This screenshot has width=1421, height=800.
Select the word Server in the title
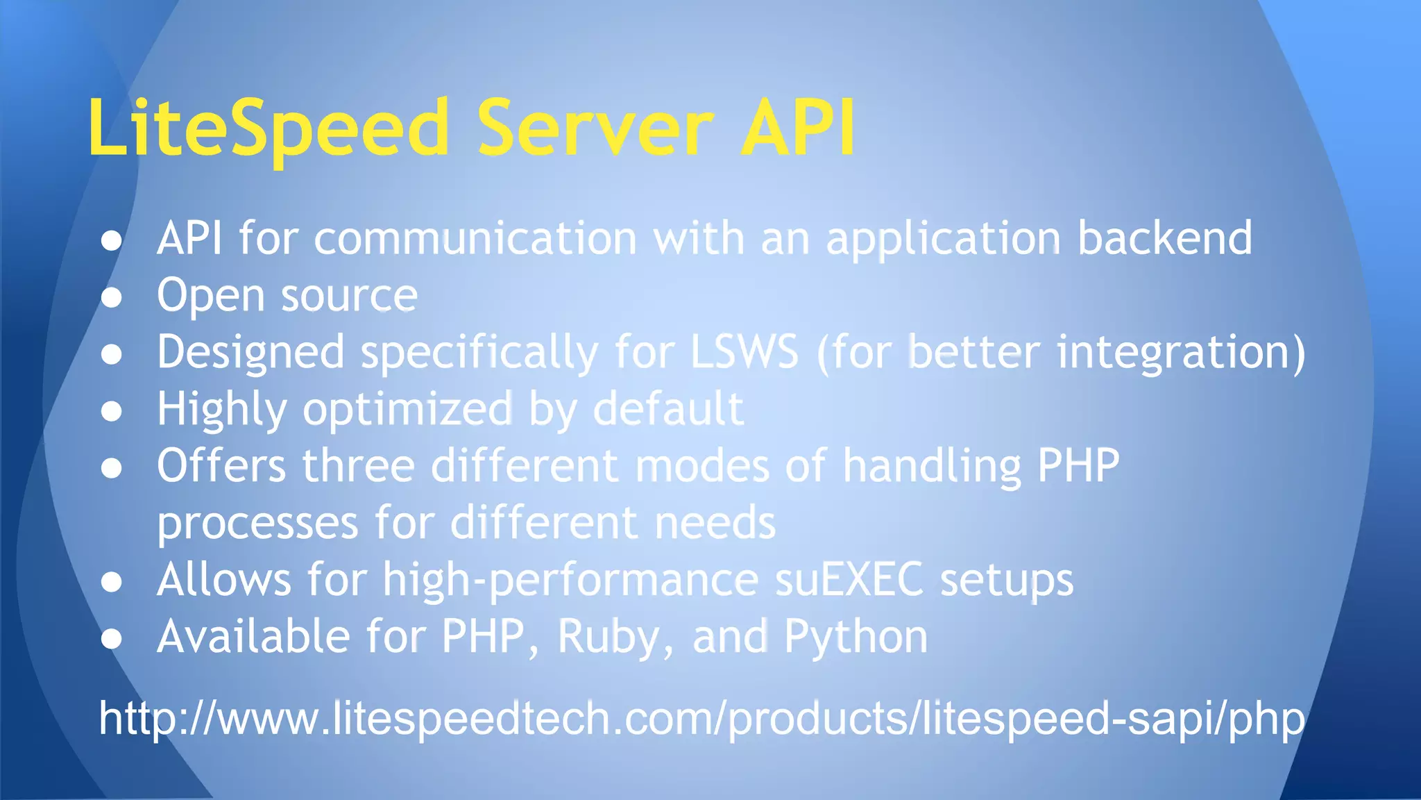[x=595, y=128]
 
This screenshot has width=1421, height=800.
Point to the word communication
[x=475, y=239]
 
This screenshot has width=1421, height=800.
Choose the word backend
[x=1165, y=239]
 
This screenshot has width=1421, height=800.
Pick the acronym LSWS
[x=744, y=352]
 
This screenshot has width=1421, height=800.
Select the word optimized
[x=407, y=409]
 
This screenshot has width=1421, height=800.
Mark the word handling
[x=931, y=467]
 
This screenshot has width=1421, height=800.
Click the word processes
[x=257, y=524]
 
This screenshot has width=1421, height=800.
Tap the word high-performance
[x=571, y=581]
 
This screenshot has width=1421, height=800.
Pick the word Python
[x=856, y=637]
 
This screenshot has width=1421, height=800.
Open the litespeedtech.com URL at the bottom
[x=701, y=718]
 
